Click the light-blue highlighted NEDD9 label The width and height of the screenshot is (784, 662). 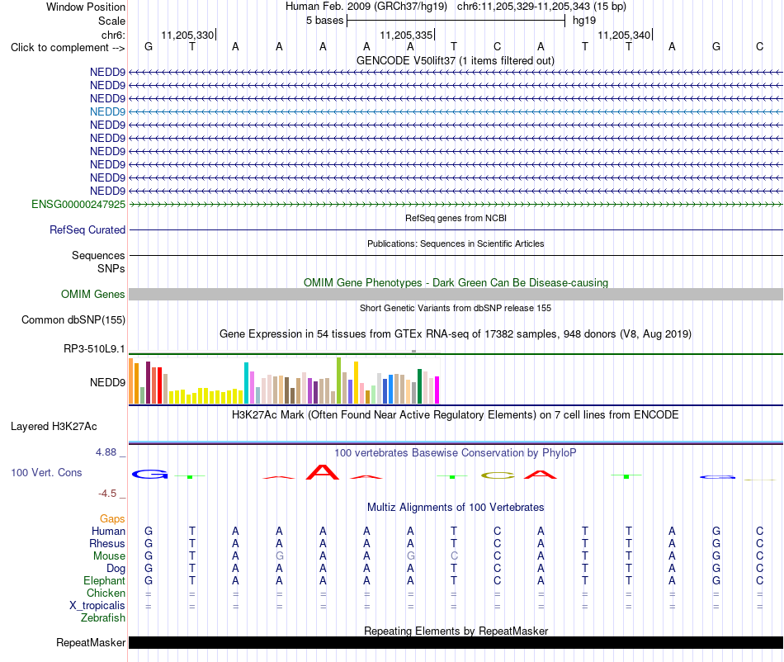pyautogui.click(x=107, y=111)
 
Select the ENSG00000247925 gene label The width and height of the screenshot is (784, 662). pyautogui.click(x=78, y=204)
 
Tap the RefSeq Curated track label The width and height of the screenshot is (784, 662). pyautogui.click(x=87, y=230)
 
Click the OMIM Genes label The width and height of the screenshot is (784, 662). pyautogui.click(x=93, y=294)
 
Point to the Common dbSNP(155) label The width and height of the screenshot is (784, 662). pyautogui.click(x=73, y=320)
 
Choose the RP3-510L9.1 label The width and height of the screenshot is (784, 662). pyautogui.click(x=94, y=348)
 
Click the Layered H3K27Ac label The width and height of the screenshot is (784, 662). pyautogui.click(x=54, y=427)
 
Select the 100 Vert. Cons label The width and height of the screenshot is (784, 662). pyautogui.click(x=46, y=472)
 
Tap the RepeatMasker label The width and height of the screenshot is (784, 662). pyautogui.click(x=91, y=642)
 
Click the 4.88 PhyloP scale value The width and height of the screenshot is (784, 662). pyautogui.click(x=106, y=452)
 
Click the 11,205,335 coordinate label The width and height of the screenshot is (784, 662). pyautogui.click(x=406, y=35)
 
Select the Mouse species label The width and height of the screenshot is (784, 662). pyautogui.click(x=109, y=556)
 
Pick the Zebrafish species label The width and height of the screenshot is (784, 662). pyautogui.click(x=103, y=618)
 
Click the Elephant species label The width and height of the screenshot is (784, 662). pyautogui.click(x=105, y=580)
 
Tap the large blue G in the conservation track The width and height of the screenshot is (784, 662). pyautogui.click(x=150, y=474)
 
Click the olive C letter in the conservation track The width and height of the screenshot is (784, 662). pyautogui.click(x=498, y=475)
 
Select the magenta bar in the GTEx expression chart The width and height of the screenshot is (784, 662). pyautogui.click(x=437, y=390)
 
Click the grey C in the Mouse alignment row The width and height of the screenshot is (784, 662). pyautogui.click(x=454, y=556)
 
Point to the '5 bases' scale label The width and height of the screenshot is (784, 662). pyautogui.click(x=325, y=21)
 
